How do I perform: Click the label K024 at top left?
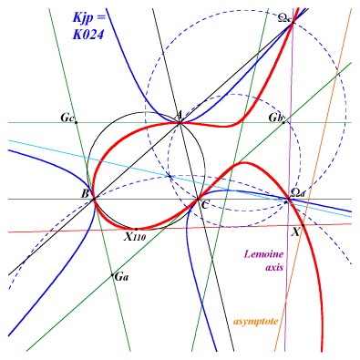[88, 35]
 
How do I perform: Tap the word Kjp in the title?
[84, 18]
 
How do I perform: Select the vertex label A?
[180, 115]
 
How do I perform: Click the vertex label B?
[85, 193]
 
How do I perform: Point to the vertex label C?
[205, 205]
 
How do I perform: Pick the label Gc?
[67, 118]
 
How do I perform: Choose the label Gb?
[275, 118]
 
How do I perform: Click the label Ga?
[122, 277]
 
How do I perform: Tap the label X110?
[135, 236]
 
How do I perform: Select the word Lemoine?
[263, 254]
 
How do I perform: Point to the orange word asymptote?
[256, 322]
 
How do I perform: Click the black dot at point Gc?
[76, 123]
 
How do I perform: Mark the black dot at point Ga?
[112, 275]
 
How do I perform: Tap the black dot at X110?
[136, 229]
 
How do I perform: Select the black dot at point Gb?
[283, 122]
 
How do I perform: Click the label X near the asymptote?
[295, 232]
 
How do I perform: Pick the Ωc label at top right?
[285, 18]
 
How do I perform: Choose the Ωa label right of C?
[297, 192]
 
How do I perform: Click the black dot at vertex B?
[94, 199]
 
